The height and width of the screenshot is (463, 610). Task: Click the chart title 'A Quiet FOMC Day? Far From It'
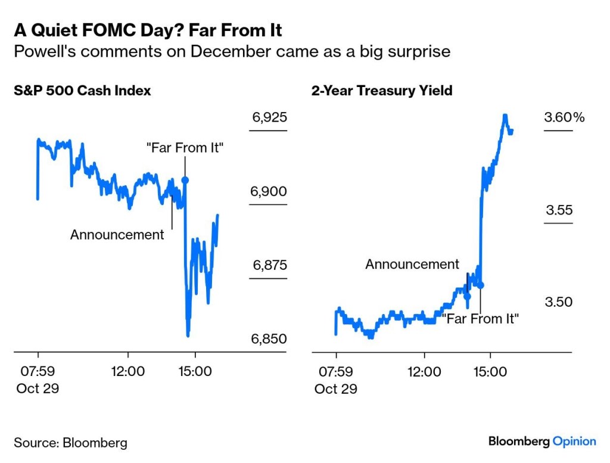148,29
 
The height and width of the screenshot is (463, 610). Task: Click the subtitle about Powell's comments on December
232,51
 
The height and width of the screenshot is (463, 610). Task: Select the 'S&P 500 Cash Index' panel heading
82,91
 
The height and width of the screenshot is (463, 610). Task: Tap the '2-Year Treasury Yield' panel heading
382,91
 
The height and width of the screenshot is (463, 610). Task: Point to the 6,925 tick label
269,117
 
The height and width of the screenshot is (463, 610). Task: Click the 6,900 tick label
269,191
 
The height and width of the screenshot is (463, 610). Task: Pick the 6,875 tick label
269,265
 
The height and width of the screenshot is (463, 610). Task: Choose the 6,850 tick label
269,338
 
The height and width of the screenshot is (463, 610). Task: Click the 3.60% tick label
564,117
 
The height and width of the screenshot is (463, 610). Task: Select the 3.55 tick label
559,210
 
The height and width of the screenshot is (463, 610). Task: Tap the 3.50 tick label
558,302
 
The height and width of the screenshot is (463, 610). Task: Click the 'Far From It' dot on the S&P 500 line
185,179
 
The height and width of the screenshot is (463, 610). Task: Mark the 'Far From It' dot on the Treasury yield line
480,285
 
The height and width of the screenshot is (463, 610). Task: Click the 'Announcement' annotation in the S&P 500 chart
117,235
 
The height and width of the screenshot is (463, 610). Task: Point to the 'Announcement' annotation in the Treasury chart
412,264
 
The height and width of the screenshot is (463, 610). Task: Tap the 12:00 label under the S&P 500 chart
128,371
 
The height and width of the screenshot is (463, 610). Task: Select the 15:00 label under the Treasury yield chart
490,371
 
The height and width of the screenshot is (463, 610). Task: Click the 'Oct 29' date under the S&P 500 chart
38,389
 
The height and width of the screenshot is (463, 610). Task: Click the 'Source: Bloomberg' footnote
70,443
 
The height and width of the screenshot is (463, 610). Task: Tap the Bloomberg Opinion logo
542,442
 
